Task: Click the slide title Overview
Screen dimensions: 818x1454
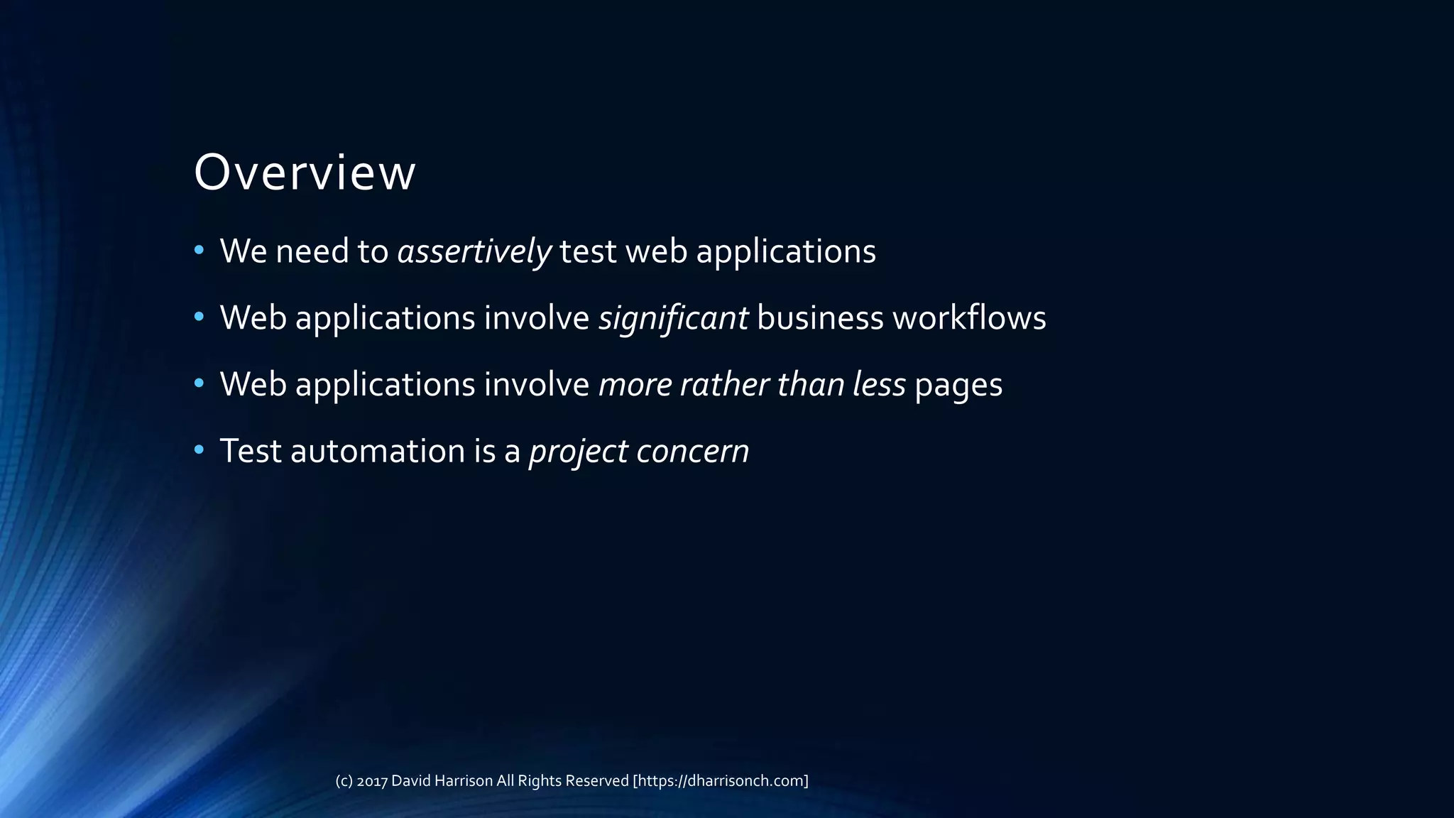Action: click(305, 173)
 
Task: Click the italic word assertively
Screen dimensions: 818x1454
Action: click(474, 251)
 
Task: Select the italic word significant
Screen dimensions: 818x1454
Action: click(673, 317)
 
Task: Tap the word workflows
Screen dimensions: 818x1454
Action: click(969, 317)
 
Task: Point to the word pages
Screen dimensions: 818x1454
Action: click(958, 385)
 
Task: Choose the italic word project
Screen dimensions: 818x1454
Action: click(578, 452)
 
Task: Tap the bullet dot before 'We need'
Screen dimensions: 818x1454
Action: click(199, 250)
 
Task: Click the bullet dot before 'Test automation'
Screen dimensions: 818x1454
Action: click(199, 449)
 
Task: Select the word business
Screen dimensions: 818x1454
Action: click(820, 317)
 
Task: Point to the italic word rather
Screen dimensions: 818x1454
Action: click(723, 384)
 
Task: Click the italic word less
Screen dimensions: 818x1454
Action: click(879, 384)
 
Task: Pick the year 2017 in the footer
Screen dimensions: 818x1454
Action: click(372, 781)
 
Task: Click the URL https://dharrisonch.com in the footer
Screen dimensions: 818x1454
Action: click(721, 781)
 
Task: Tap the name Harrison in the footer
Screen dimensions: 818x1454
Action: click(463, 781)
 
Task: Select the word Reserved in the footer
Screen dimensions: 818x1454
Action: click(596, 781)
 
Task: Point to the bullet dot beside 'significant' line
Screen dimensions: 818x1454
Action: click(199, 316)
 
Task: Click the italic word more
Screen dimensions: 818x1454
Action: click(635, 384)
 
